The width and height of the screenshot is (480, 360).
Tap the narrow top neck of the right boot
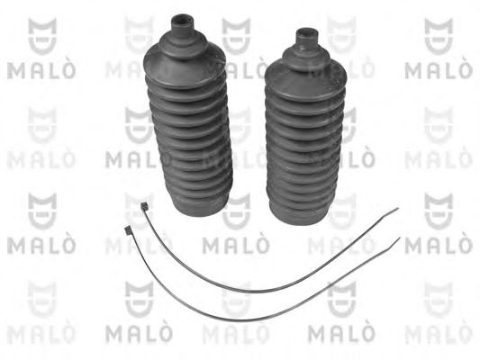point(307,38)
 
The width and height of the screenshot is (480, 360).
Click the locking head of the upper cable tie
point(144,206)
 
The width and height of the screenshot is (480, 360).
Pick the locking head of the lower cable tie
point(127,230)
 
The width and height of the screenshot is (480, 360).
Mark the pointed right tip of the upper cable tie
point(398,209)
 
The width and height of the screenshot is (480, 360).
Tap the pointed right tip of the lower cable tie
point(399,238)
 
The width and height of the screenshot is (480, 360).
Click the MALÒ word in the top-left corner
point(41,71)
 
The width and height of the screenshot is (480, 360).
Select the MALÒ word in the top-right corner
point(439,71)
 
